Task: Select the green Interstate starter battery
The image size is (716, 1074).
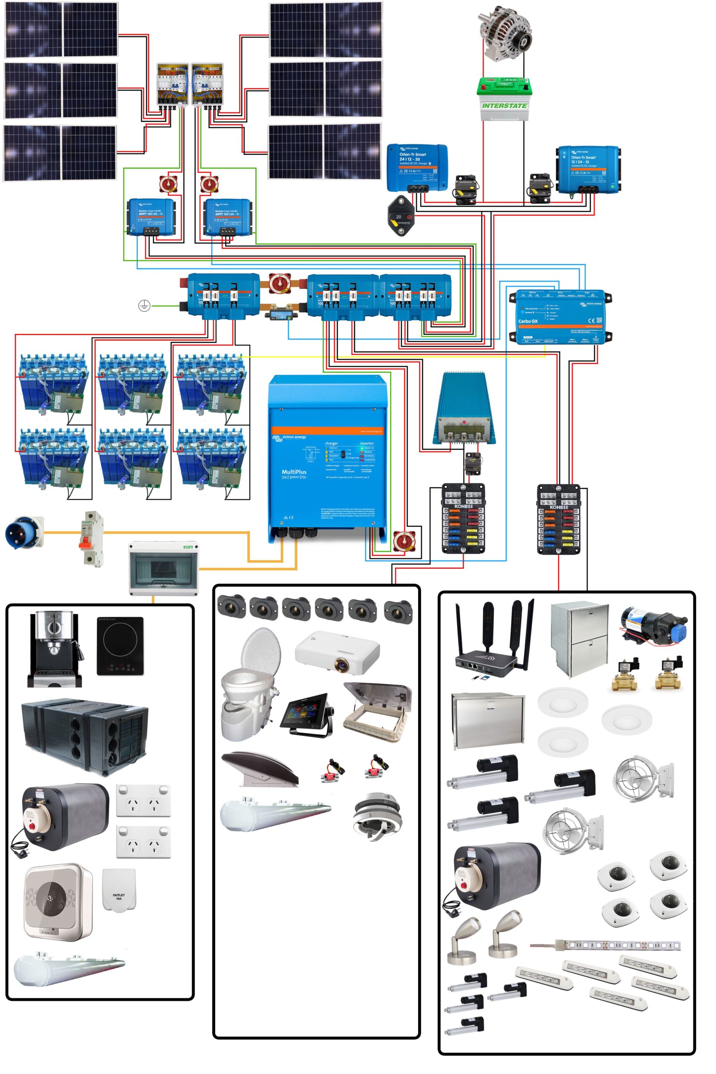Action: (505, 99)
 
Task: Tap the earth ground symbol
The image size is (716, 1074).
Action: (144, 305)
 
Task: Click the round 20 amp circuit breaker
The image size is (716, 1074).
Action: (401, 216)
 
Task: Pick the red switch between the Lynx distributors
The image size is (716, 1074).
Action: (279, 284)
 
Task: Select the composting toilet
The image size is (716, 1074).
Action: (250, 685)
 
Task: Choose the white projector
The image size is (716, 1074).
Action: (338, 652)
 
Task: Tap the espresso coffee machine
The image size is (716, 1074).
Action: (55, 649)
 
